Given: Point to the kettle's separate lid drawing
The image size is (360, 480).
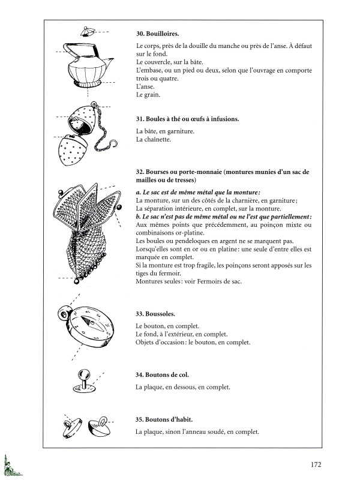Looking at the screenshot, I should click(88, 30).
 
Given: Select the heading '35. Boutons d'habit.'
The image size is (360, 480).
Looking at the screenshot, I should click(164, 419).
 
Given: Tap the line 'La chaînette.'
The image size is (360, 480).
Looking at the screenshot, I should click(154, 140).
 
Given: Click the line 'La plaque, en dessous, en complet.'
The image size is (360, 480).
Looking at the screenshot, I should click(183, 388).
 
